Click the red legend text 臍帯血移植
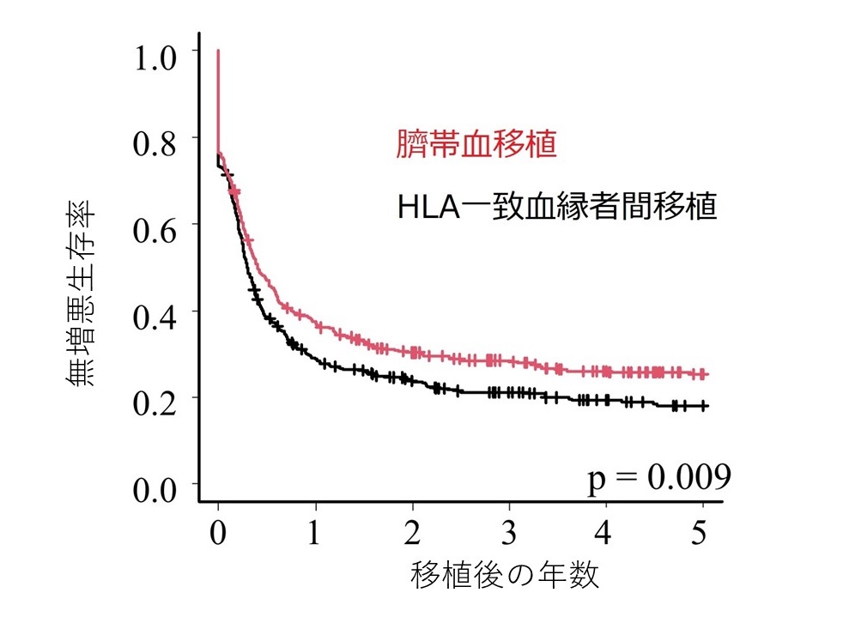[x=476, y=144]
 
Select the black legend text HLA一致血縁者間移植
[x=557, y=207]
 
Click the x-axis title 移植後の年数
[x=505, y=574]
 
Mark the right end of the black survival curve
[x=707, y=405]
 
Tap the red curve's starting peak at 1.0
[x=218, y=51]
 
